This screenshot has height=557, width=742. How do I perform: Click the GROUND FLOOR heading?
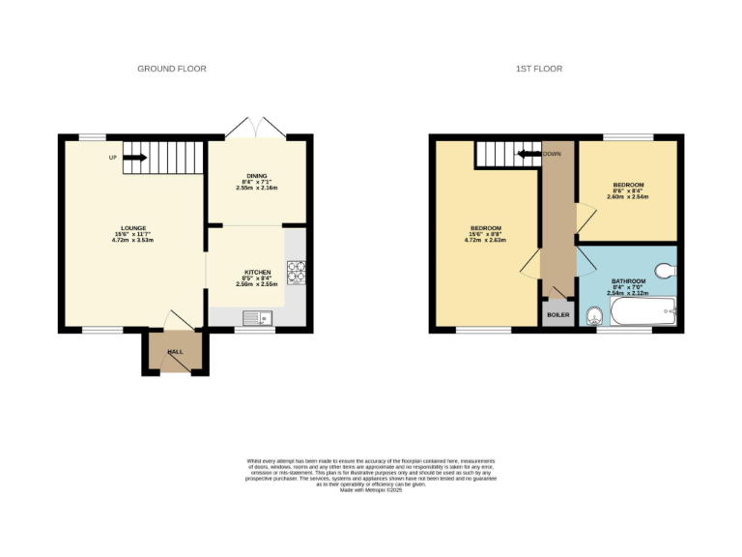point(172,69)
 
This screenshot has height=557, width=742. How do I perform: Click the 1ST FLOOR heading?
point(538,69)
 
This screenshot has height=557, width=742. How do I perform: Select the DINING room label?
point(256,175)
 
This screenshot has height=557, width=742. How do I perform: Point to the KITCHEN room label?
point(257,273)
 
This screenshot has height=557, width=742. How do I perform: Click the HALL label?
point(175,352)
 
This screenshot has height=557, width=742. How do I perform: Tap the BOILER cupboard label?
point(557,315)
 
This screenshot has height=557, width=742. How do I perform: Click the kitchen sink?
point(258,317)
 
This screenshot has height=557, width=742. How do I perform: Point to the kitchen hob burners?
point(296,273)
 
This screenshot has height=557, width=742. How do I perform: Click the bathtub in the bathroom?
point(642,312)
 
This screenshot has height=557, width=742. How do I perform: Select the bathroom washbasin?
point(592,310)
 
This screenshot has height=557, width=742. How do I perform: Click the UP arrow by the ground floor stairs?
point(133,158)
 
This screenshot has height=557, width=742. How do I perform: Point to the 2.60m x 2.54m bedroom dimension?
point(628,196)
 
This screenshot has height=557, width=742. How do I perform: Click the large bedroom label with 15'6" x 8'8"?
point(485,228)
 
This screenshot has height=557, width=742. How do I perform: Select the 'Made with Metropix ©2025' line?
point(371,489)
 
